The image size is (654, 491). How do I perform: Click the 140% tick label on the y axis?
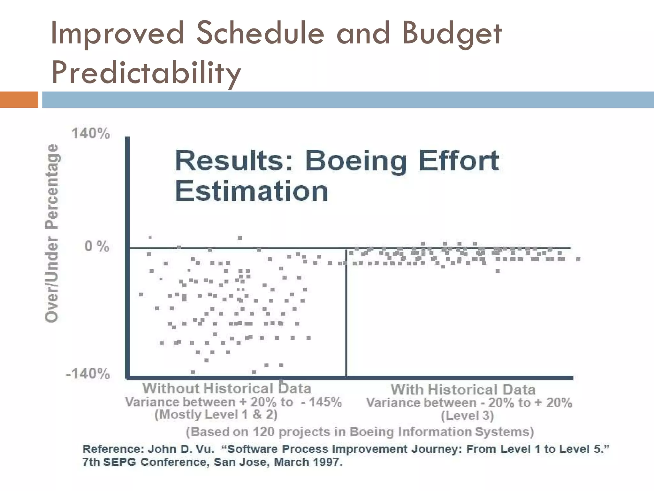pyautogui.click(x=91, y=133)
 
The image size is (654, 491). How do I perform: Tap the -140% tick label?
pyautogui.click(x=88, y=373)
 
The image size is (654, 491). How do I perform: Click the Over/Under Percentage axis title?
pyautogui.click(x=52, y=233)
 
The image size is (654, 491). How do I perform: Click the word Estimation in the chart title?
pyautogui.click(x=252, y=191)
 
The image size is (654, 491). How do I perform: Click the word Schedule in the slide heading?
pyautogui.click(x=260, y=33)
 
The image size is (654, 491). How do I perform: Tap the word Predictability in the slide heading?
pyautogui.click(x=146, y=72)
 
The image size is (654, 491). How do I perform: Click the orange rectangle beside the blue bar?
pyautogui.click(x=19, y=99)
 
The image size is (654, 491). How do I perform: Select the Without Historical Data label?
pyautogui.click(x=227, y=388)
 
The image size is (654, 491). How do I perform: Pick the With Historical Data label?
pyautogui.click(x=463, y=390)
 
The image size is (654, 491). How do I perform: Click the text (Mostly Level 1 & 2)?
pyautogui.click(x=216, y=415)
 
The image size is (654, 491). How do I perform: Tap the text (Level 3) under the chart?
pyautogui.click(x=467, y=416)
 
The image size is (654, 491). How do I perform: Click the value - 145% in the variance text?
pyautogui.click(x=321, y=402)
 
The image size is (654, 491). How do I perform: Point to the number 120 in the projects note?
pyautogui.click(x=263, y=432)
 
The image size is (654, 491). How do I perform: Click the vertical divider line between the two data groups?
pyautogui.click(x=346, y=313)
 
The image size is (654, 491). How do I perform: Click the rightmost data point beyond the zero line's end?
pyautogui.click(x=578, y=259)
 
